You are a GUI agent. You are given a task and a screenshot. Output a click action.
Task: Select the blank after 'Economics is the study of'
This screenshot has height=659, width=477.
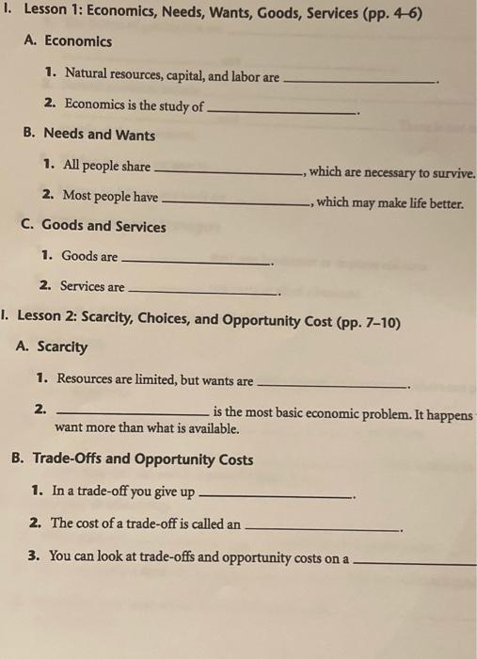(x=281, y=110)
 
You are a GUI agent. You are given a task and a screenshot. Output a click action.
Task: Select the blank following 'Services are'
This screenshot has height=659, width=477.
(x=203, y=291)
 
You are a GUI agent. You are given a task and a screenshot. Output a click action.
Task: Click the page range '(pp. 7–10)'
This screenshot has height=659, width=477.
(x=368, y=323)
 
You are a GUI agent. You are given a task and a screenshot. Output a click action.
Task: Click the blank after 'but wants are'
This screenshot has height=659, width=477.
(x=331, y=385)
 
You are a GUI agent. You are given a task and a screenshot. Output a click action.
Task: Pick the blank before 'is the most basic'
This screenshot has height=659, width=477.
(x=133, y=414)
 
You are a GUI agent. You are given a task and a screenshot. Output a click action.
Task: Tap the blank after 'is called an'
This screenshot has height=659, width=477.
(x=322, y=527)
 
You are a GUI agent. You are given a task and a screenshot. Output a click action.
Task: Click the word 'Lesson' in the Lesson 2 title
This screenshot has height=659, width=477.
(x=40, y=323)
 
